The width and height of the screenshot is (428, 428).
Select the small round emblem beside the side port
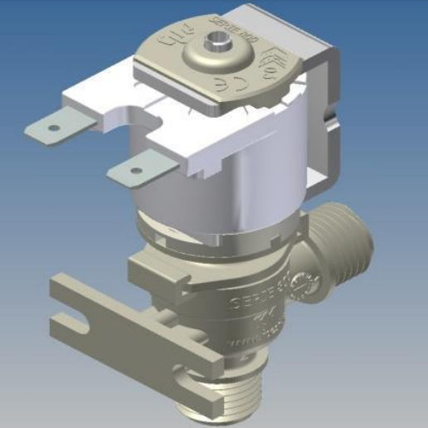309,285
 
